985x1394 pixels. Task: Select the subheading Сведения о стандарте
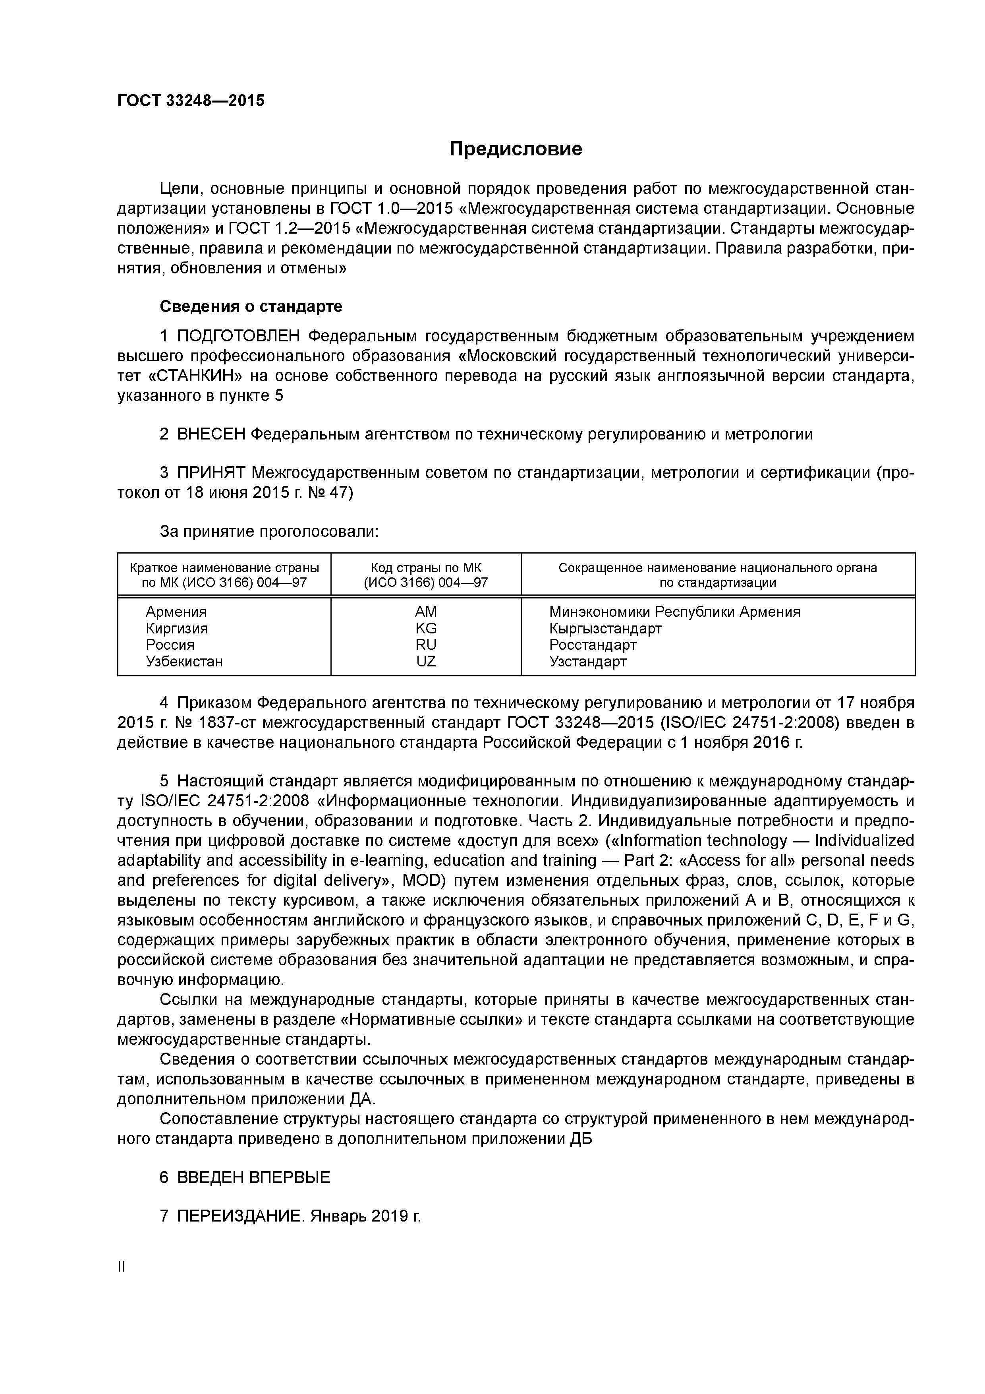pos(251,307)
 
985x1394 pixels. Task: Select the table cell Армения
pos(176,612)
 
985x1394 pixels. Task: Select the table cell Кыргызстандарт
pos(605,628)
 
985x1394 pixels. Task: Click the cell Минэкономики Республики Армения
pos(674,612)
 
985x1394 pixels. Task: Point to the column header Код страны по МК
pos(425,568)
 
